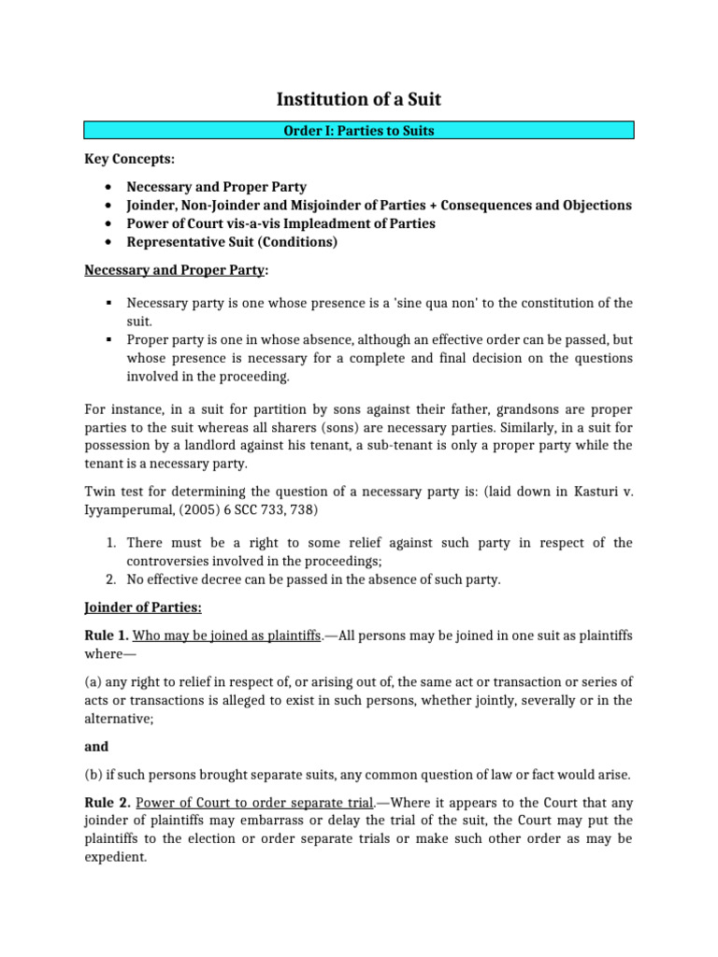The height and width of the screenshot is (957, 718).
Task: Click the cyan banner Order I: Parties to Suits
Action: pyautogui.click(x=359, y=131)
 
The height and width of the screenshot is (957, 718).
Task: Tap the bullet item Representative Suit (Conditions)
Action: pyautogui.click(x=232, y=242)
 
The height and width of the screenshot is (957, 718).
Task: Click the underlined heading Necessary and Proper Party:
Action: pyautogui.click(x=176, y=270)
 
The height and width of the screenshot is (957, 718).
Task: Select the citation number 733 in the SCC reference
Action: pyautogui.click(x=259, y=508)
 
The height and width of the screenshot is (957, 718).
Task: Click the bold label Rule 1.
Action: pyautogui.click(x=107, y=636)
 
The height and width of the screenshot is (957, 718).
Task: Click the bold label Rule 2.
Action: pyautogui.click(x=107, y=801)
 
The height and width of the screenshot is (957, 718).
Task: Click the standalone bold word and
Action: pyautogui.click(x=96, y=747)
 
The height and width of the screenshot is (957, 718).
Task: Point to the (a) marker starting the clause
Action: pyautogui.click(x=94, y=682)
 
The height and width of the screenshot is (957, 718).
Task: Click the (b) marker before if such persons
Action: pyautogui.click(x=94, y=774)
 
